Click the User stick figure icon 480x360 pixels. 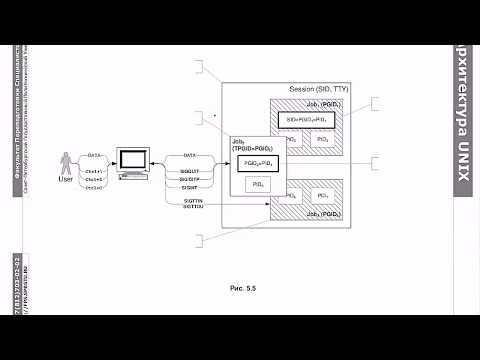click(x=68, y=164)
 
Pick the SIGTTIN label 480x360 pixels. click(x=193, y=200)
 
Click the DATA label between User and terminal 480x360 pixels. click(x=94, y=156)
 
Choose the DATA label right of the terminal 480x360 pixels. click(x=187, y=157)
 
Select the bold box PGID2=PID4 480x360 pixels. click(x=257, y=162)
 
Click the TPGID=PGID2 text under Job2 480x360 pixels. click(x=251, y=148)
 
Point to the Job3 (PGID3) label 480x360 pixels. click(x=328, y=215)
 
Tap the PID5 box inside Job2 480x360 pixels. click(x=257, y=184)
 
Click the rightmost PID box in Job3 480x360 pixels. click(x=322, y=196)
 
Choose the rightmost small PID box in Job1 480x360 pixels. click(x=322, y=139)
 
